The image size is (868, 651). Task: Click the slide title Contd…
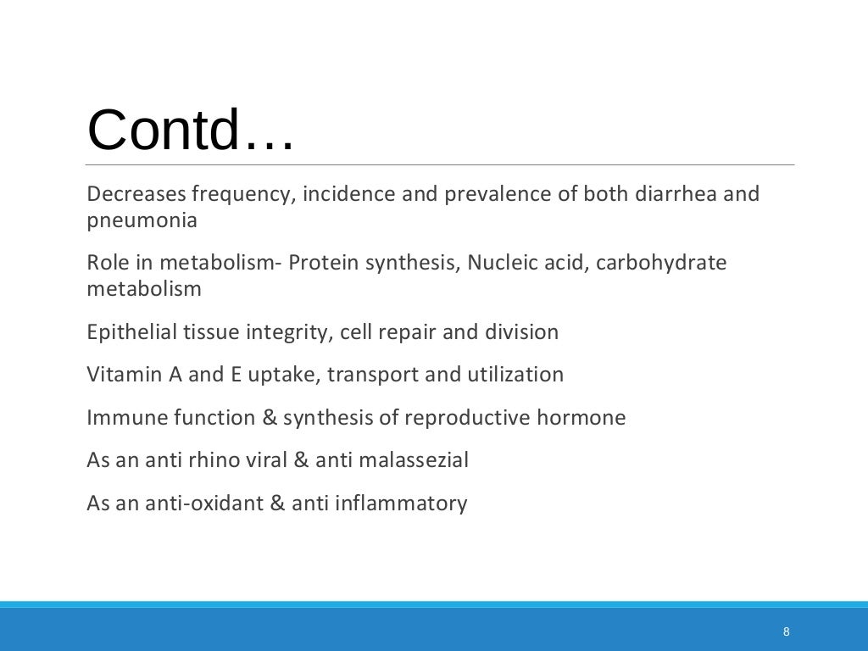[191, 130]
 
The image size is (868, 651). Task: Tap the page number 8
[787, 632]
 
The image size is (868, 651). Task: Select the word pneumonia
[142, 221]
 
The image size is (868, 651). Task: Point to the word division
[521, 331]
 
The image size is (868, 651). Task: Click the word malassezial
[414, 460]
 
